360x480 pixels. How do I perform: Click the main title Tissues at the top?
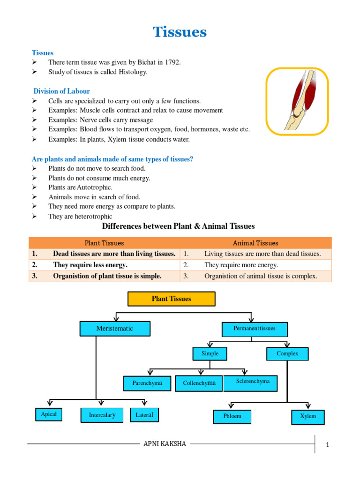coord(180,32)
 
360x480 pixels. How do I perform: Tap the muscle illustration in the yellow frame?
coord(297,101)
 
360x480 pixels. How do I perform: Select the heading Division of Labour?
coord(62,91)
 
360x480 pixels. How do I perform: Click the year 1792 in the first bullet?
coord(172,62)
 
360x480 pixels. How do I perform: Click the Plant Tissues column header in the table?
coord(104,243)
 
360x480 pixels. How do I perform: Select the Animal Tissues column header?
coord(255,243)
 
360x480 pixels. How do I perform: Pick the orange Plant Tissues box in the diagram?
coord(171,299)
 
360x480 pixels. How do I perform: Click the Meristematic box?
coord(115,329)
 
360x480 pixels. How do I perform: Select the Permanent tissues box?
coord(254,329)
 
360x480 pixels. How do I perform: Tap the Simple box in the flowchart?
coord(210,353)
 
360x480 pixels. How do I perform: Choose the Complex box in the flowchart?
coord(287,353)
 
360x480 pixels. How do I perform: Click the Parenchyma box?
coord(147,383)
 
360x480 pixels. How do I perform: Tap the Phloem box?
coord(232,416)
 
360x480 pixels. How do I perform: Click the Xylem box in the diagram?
coord(308,417)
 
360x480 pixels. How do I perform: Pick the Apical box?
coord(49,414)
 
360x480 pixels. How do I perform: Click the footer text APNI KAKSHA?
coord(165,444)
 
